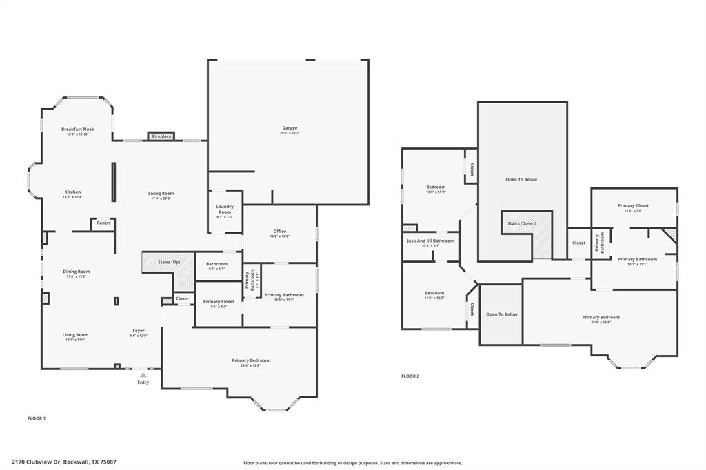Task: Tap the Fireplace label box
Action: pos(161,136)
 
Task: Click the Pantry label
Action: pos(103,223)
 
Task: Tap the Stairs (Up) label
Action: pos(168,263)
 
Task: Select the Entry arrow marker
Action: pos(143,375)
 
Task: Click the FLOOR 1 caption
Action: pos(36,418)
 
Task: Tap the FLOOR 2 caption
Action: pos(410,376)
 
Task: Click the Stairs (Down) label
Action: pos(521,223)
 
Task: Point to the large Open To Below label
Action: pos(521,180)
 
